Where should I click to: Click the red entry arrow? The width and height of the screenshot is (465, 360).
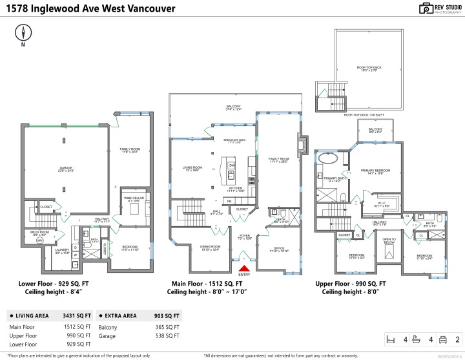click(244, 268)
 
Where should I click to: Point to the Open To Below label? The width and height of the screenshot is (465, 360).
click(389, 240)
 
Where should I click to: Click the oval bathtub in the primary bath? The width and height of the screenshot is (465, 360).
click(330, 158)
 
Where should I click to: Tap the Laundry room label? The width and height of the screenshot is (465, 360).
click(62, 251)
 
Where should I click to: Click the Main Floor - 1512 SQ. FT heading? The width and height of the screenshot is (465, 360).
click(207, 284)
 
